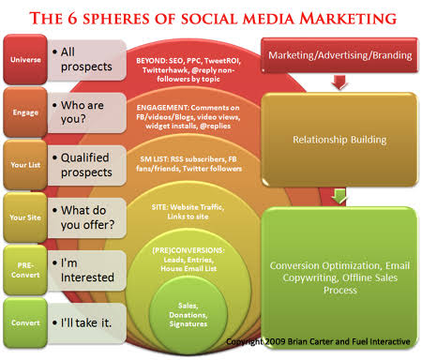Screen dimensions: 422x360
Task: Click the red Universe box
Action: pos(25,59)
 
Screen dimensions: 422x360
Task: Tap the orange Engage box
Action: pos(25,112)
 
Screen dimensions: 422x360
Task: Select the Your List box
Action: pos(25,165)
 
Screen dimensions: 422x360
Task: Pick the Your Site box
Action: pos(25,217)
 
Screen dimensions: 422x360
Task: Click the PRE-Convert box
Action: pos(25,270)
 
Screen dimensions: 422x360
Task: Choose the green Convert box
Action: pos(25,322)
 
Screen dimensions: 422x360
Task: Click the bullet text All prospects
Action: pos(83,59)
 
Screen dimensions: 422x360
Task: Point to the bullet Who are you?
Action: pos(78,112)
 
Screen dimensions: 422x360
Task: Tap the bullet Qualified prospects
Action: pos(83,165)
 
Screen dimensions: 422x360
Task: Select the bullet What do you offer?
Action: pos(83,217)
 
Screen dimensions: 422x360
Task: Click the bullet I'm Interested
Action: pos(83,270)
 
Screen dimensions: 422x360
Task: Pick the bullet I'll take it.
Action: pos(82,322)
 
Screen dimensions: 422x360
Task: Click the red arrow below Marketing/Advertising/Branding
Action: pos(339,82)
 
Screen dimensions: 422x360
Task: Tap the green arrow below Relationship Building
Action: pos(339,196)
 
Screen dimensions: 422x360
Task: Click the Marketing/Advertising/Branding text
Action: pos(340,55)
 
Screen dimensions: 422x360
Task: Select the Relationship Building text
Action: pos(339,140)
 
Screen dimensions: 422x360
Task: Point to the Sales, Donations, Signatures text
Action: pos(188,315)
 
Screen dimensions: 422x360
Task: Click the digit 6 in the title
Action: pos(72,18)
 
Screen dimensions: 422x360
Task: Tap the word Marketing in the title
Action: pos(348,18)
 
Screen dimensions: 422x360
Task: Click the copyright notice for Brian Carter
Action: pos(318,341)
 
